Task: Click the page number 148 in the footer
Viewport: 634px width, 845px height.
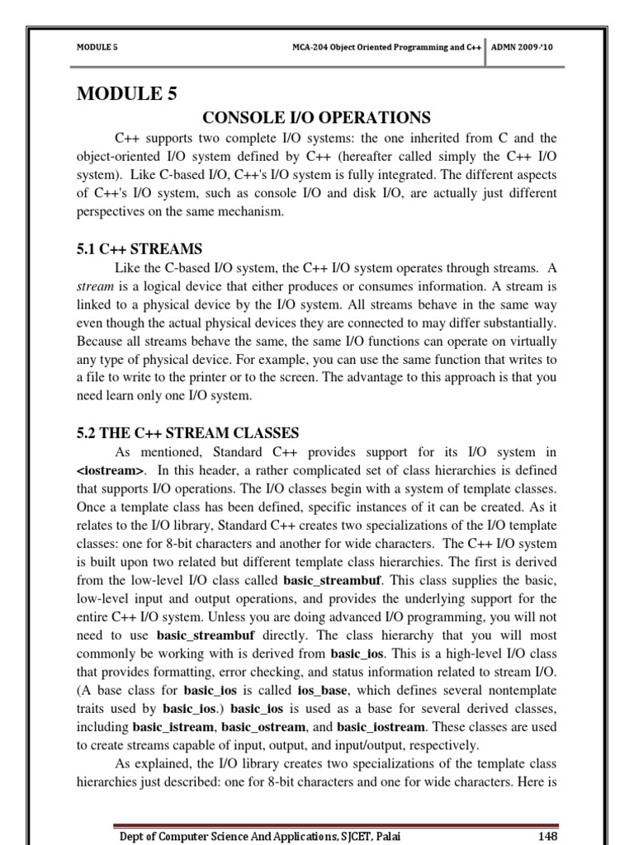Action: (546, 836)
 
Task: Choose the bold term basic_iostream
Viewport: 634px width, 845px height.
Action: (382, 728)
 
